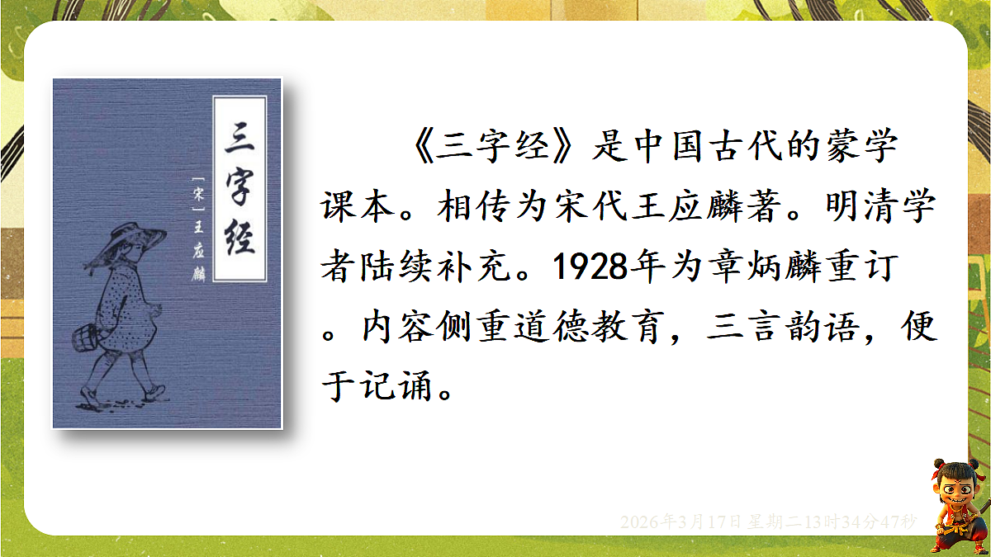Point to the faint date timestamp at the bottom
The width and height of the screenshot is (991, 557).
(767, 522)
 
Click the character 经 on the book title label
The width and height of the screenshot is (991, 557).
(239, 235)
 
